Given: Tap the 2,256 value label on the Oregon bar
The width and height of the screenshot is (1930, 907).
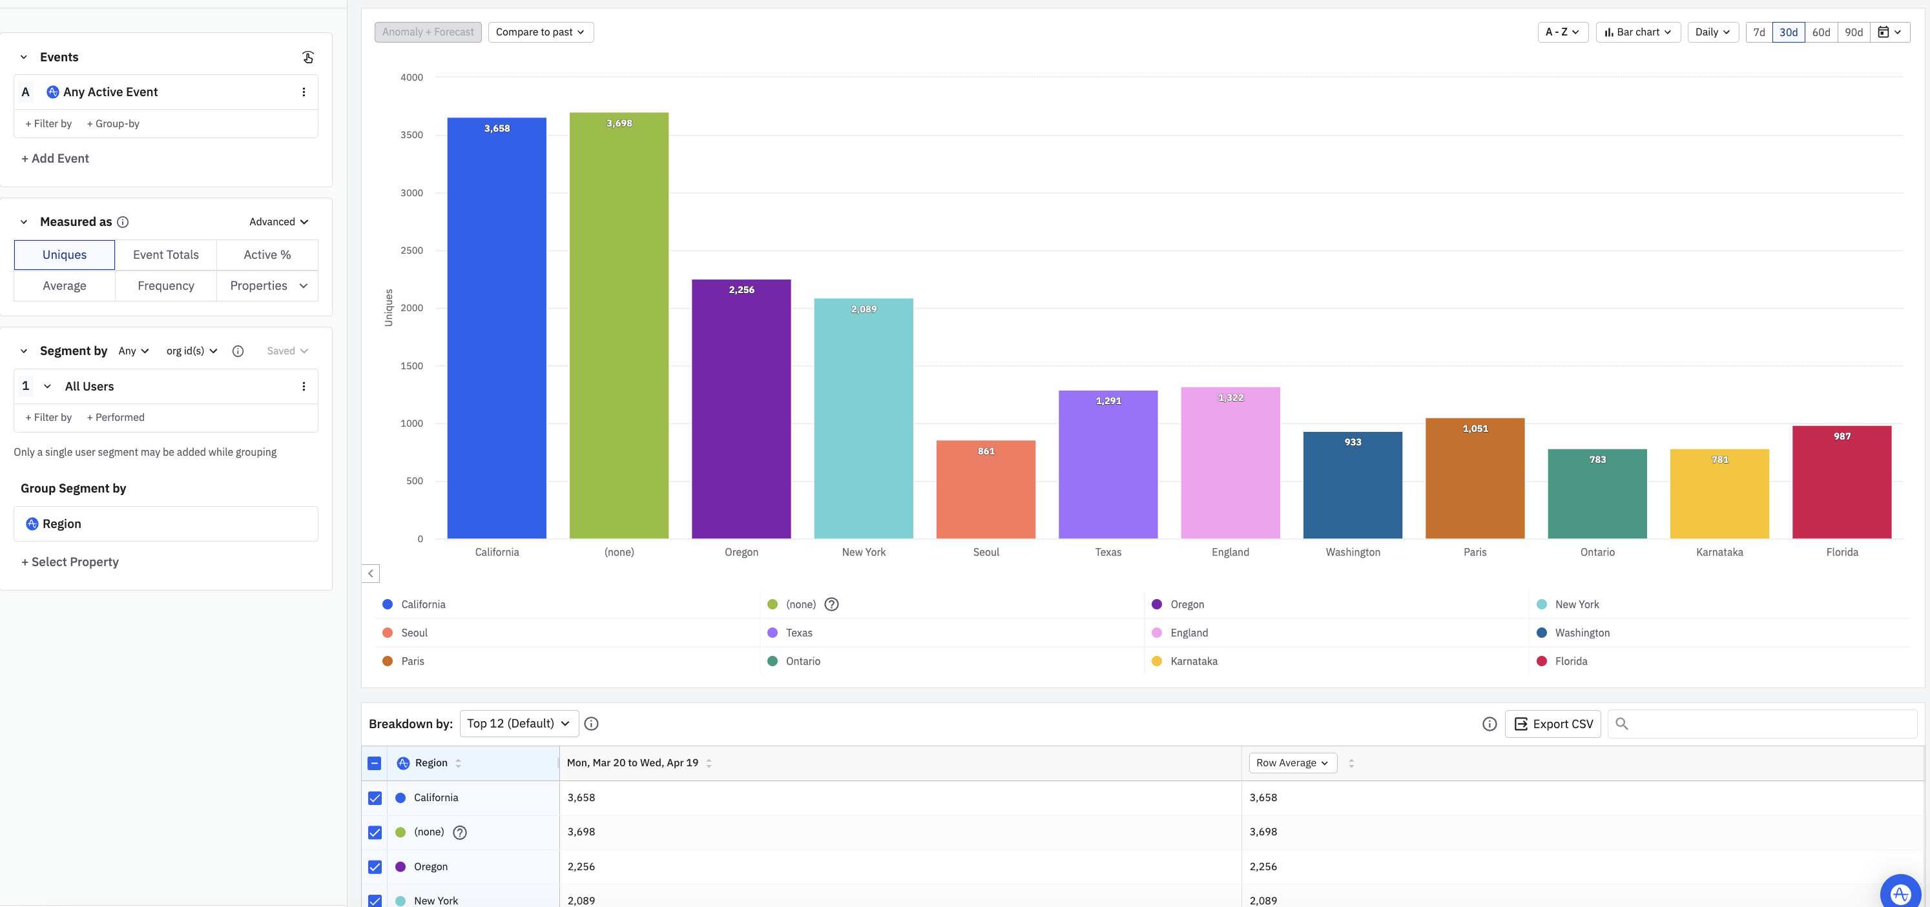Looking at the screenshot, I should click(741, 290).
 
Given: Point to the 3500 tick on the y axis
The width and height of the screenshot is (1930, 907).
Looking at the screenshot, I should click(411, 135).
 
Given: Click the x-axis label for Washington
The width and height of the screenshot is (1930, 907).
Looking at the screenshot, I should click(1353, 552).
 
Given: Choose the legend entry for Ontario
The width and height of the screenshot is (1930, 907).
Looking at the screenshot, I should click(802, 661).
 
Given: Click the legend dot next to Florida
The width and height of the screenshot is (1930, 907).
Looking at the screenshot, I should click(1541, 661).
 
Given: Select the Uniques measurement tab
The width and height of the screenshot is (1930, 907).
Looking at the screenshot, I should click(65, 254).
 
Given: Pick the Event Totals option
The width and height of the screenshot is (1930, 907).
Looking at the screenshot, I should click(165, 254).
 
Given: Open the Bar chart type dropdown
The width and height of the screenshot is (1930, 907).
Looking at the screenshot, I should click(1638, 32).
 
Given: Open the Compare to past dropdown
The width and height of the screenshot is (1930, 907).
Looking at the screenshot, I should click(540, 32).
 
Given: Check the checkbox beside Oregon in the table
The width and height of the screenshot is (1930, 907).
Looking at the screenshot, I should click(375, 866).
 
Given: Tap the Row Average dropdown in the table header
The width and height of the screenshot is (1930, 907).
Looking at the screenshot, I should click(1292, 763).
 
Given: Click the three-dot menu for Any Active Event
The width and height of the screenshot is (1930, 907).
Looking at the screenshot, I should click(304, 92).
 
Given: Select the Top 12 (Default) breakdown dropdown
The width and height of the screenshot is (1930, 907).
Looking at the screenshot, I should click(519, 724).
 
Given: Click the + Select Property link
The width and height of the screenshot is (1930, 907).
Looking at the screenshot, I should click(70, 562).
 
